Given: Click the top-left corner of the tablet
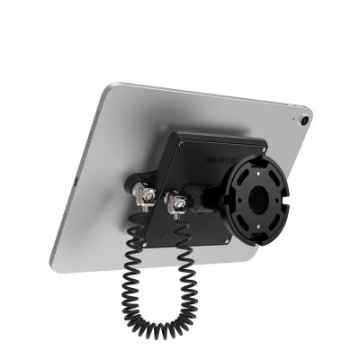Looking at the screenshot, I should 107,87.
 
